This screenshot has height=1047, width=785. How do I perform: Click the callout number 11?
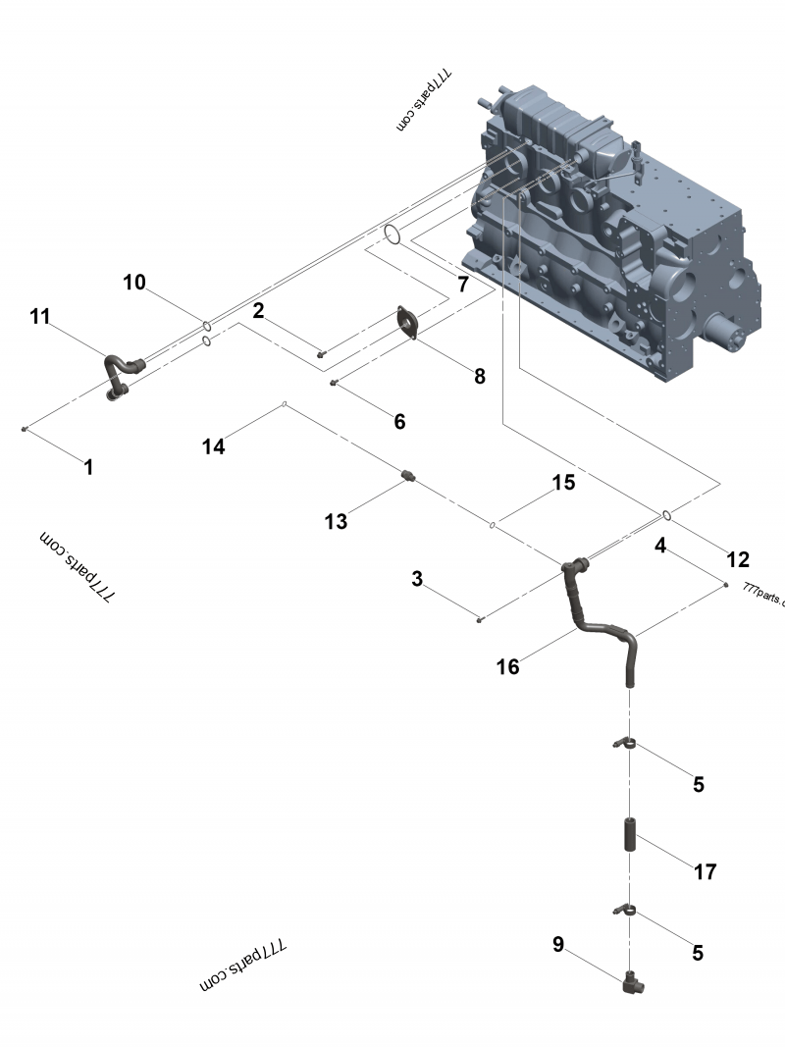pos(39,316)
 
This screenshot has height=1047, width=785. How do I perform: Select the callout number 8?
pos(479,376)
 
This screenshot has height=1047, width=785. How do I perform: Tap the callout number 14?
pos(213,446)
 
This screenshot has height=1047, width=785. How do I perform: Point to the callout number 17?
pos(704,871)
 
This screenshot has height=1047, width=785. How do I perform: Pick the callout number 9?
pos(558,944)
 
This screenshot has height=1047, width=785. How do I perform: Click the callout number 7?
pos(462,285)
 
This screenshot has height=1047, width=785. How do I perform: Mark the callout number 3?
pos(417,580)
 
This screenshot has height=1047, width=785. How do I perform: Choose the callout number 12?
pos(737,559)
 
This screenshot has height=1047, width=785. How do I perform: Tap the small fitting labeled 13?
pos(410,478)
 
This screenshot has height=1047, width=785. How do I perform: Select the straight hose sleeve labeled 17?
pos(629,833)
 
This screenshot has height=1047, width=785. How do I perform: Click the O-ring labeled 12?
pos(666,514)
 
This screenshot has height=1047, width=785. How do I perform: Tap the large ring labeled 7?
pos(392,235)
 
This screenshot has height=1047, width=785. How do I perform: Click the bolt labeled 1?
pos(26,429)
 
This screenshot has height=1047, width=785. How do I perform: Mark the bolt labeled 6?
pos(335,383)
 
